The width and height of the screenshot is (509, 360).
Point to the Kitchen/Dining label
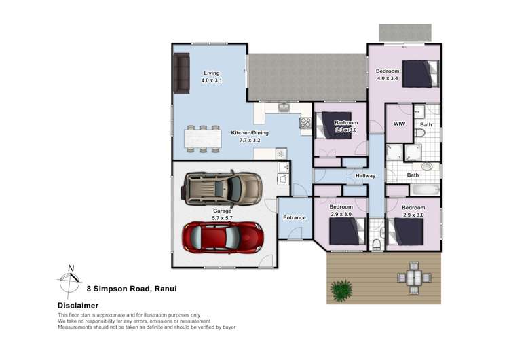(246, 137)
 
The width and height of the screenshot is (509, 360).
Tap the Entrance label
(295, 218)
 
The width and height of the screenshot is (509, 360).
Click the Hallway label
(365, 176)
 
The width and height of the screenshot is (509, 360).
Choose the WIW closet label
(399, 124)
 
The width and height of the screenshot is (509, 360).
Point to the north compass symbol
(69, 276)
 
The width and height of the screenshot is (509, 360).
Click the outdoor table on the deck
(413, 276)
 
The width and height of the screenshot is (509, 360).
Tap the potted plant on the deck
(343, 290)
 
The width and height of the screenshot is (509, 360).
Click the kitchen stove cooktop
(305, 123)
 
